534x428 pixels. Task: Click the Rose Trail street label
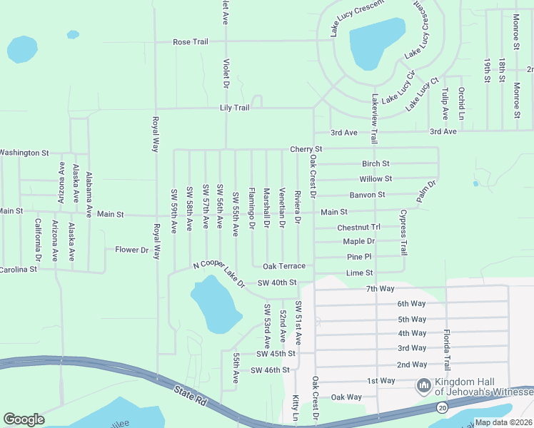click(x=190, y=42)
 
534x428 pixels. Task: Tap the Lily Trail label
click(x=233, y=108)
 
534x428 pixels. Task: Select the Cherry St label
click(x=306, y=149)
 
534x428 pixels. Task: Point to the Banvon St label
click(x=367, y=194)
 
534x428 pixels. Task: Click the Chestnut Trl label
click(x=360, y=228)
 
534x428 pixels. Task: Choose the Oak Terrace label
click(x=284, y=266)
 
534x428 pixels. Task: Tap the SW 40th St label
click(x=277, y=282)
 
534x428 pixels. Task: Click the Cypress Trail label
click(x=403, y=233)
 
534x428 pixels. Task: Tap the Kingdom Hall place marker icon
click(x=423, y=386)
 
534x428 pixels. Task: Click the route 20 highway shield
click(x=443, y=407)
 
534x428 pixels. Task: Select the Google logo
click(x=24, y=419)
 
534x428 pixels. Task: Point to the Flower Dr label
click(x=131, y=250)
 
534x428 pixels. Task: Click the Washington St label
click(x=24, y=153)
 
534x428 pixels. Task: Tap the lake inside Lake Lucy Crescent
click(x=376, y=43)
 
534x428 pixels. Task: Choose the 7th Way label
click(x=380, y=288)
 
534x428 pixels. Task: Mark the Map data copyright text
click(x=503, y=422)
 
